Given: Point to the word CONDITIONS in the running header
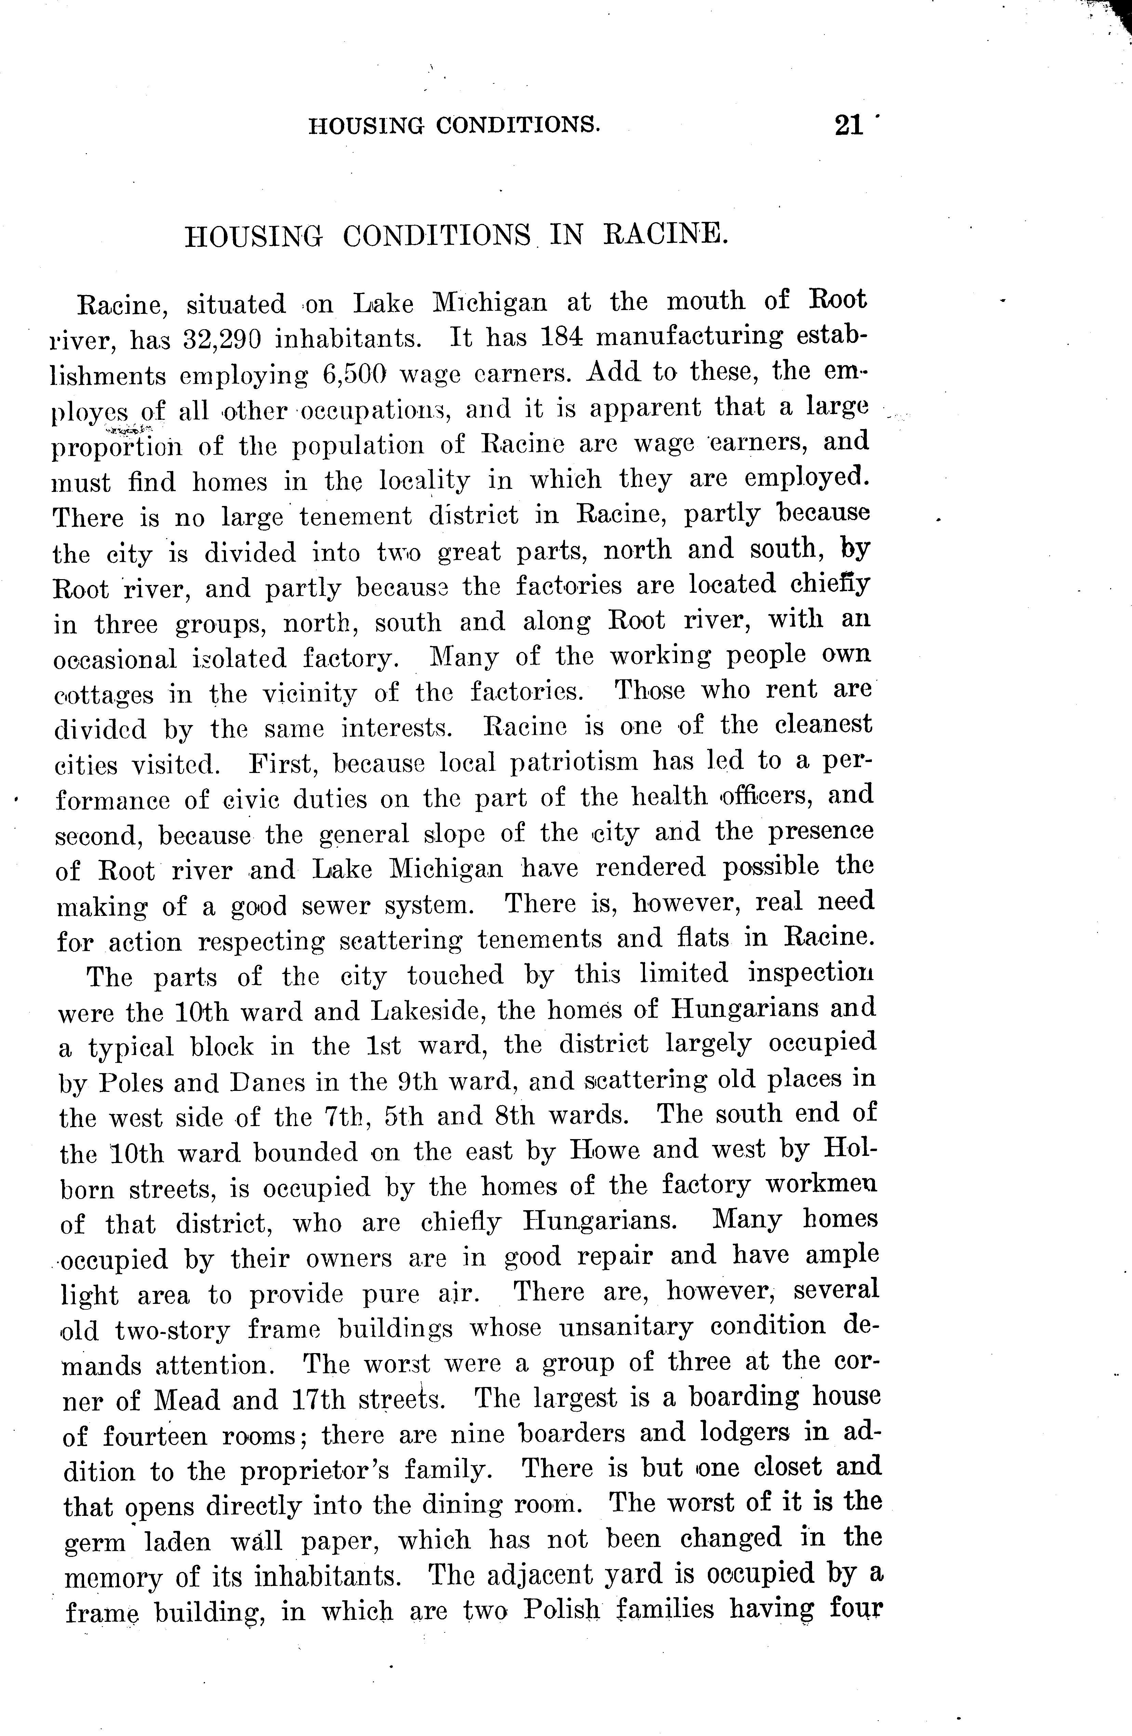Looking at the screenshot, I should click(x=518, y=125).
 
